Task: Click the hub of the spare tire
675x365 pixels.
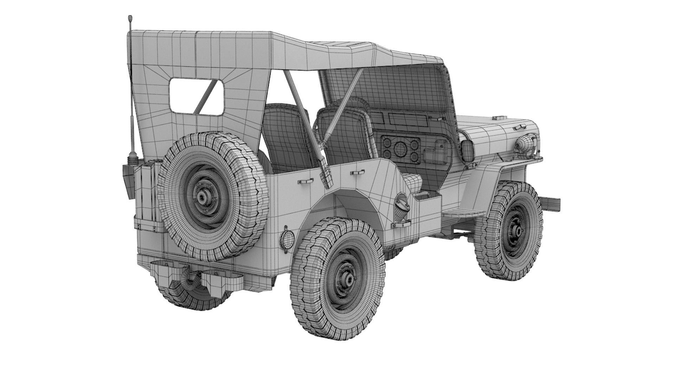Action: (x=203, y=197)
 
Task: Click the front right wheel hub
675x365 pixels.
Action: (x=518, y=231)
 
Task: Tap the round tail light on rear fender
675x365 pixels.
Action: (x=285, y=238)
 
